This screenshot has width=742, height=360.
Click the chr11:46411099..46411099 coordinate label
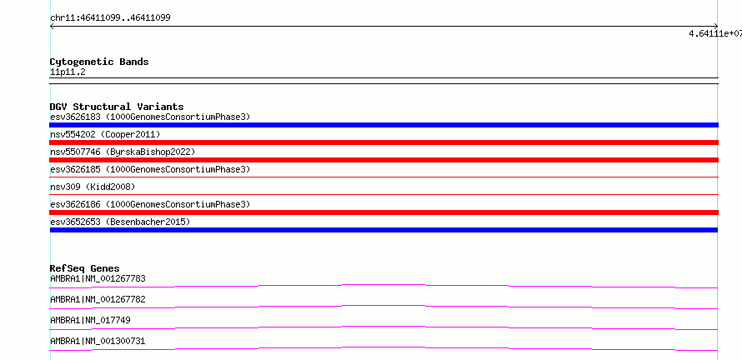(110, 18)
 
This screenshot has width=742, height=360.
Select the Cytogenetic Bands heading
(99, 62)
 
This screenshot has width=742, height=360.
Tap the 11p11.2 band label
(68, 72)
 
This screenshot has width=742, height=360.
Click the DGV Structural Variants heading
(117, 107)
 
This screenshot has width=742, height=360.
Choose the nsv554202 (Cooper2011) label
(105, 134)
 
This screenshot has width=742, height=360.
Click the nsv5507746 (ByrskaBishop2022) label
(123, 152)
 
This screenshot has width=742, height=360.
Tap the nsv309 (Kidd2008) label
(93, 187)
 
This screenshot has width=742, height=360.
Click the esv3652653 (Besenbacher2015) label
(120, 222)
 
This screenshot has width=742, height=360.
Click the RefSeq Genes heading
(85, 268)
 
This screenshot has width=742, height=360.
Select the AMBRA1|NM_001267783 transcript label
(98, 278)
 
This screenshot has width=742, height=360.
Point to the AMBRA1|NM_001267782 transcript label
(98, 299)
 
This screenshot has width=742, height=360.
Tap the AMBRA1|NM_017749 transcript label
(90, 320)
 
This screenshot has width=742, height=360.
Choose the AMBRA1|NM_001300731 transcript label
(98, 341)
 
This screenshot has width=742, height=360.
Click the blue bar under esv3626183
(384, 125)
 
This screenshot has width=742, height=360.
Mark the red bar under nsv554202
(384, 142)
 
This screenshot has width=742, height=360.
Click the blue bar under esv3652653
(384, 230)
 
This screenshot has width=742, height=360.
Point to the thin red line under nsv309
(384, 194)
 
